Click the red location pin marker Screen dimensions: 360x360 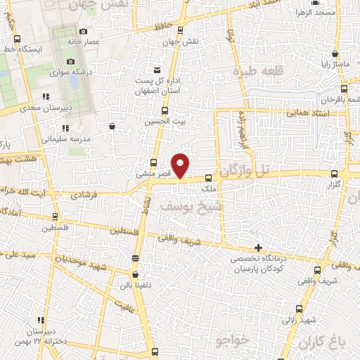181,165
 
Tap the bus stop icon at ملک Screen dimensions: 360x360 209,179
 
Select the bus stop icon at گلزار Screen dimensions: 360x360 335,173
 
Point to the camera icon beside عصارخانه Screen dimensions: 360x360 84,31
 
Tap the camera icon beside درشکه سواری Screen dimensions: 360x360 70,62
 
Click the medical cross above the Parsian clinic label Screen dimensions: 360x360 259,248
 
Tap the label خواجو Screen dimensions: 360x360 231,341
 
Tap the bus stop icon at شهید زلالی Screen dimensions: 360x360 300,309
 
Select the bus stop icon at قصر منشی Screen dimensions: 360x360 154,162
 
